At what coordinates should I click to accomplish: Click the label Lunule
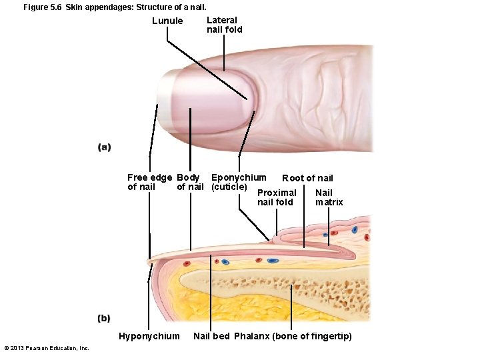[x=167, y=21]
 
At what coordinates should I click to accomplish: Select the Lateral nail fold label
[x=225, y=25]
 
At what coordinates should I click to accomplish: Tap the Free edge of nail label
[x=149, y=182]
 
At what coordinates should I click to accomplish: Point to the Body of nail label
[x=190, y=182]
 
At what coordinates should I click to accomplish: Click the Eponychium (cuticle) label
[x=237, y=182]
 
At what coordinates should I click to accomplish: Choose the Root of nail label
[x=307, y=178]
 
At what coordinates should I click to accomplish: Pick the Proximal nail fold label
[x=276, y=197]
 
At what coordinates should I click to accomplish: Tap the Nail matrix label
[x=329, y=197]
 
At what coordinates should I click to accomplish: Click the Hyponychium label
[x=149, y=336]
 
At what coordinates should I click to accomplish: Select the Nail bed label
[x=211, y=336]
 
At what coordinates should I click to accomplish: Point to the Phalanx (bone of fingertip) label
[x=293, y=336]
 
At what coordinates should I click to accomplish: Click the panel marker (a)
[x=104, y=147]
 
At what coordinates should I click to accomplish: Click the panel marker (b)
[x=104, y=318]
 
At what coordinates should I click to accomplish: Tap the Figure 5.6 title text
[x=111, y=7]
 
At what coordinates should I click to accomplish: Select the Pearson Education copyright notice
[x=47, y=348]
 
